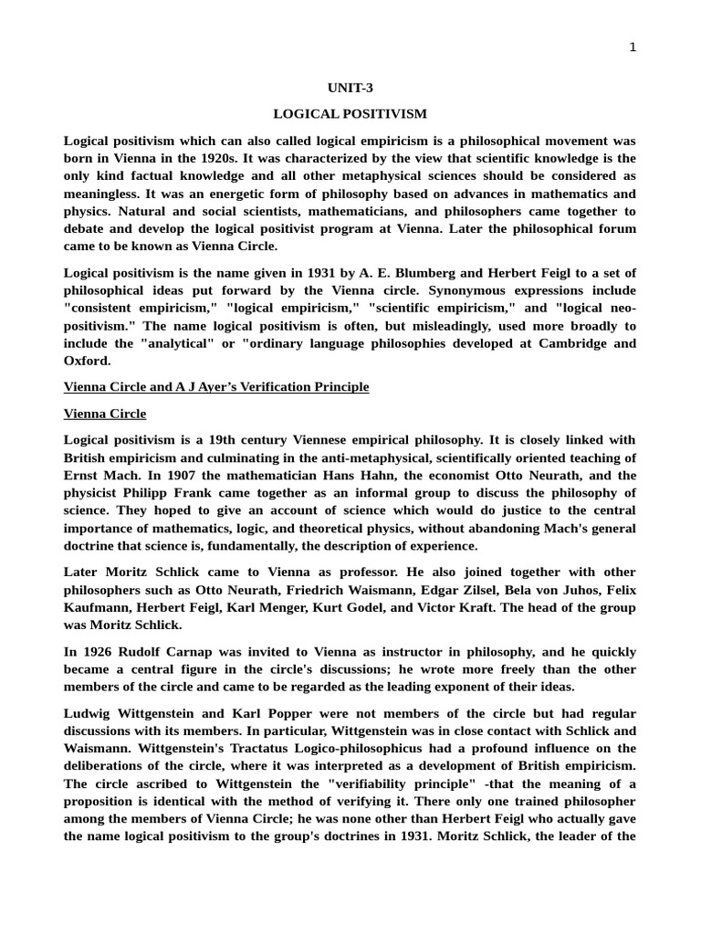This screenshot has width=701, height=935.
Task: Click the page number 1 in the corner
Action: coord(633,47)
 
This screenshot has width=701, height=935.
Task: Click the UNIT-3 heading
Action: coord(350,88)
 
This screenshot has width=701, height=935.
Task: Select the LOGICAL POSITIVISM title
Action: coord(350,114)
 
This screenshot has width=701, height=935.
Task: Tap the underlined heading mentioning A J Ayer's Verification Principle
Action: coord(216,387)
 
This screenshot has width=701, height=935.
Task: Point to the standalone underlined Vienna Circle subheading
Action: coord(105,414)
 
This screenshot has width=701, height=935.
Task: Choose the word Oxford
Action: coord(87,361)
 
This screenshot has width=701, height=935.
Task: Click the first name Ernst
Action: coord(82,476)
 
